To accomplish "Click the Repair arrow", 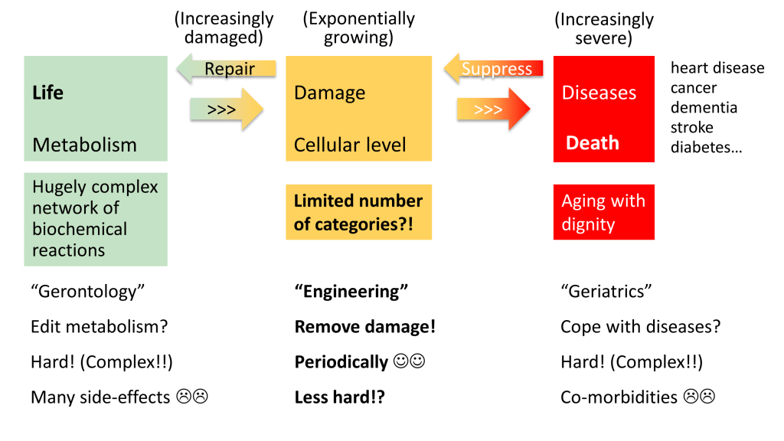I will (x=226, y=70).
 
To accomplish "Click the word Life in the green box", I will (x=47, y=93).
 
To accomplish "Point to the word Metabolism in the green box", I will (x=84, y=145).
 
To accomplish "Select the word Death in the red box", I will (x=592, y=143).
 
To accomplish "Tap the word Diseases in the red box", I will (x=599, y=93).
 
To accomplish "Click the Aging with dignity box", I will (x=603, y=212).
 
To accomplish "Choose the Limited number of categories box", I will (x=358, y=212).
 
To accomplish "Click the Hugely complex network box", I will (x=95, y=219).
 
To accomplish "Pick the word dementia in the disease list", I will (x=704, y=107).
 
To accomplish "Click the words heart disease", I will (x=717, y=67).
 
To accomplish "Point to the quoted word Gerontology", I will (x=87, y=292).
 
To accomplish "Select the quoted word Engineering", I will (x=351, y=292).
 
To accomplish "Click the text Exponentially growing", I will (x=358, y=28).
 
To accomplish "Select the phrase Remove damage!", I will (x=364, y=327).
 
